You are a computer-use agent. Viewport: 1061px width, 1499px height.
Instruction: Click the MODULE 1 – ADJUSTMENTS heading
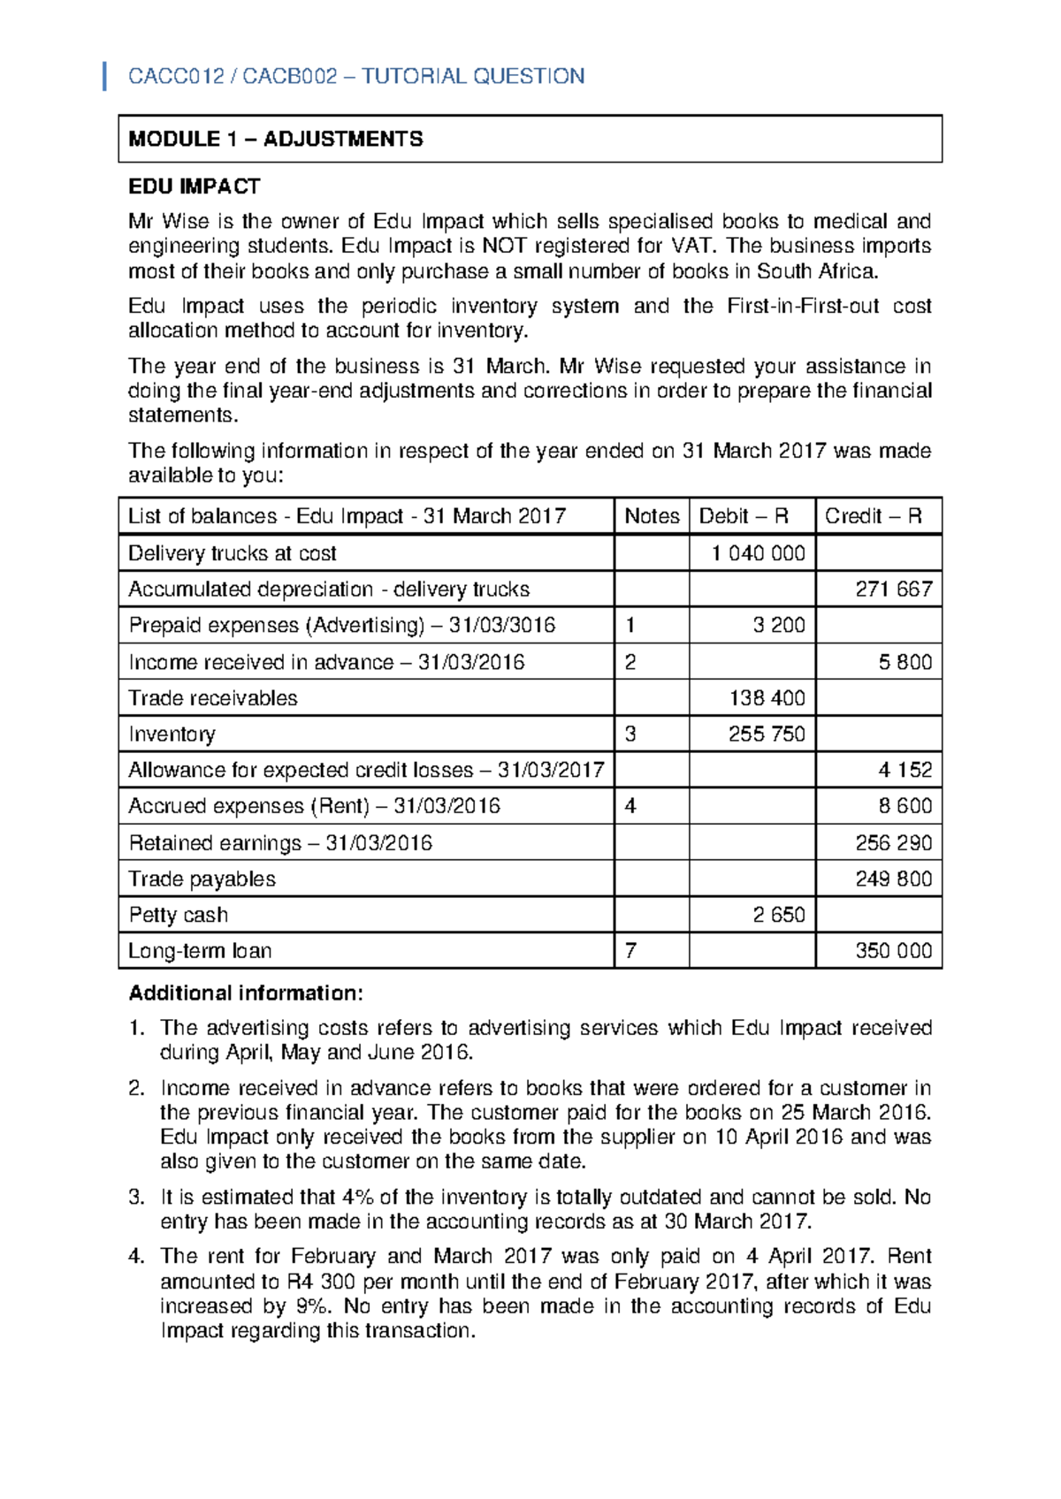(275, 139)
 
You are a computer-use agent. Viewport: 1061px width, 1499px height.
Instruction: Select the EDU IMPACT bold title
(194, 186)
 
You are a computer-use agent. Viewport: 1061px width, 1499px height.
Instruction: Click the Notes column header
(652, 516)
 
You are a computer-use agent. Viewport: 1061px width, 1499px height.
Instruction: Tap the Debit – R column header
(744, 516)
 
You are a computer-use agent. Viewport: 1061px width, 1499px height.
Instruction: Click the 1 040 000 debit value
(758, 553)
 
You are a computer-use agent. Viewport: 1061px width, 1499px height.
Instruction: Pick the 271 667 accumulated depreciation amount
(893, 590)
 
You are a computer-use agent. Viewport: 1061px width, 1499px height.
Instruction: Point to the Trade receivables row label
(213, 698)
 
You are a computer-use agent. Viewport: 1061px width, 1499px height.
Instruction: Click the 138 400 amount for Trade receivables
(767, 698)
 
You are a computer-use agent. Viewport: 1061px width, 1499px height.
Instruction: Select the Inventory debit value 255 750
(767, 734)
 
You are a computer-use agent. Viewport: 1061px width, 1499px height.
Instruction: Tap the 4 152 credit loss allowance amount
(905, 770)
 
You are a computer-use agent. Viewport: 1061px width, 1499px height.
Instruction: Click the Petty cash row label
(179, 915)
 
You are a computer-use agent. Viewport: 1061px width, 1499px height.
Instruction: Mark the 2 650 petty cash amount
(778, 915)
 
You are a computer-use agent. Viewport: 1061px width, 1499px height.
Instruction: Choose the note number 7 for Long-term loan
(630, 951)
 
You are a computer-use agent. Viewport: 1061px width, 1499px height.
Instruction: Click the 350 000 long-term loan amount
(893, 951)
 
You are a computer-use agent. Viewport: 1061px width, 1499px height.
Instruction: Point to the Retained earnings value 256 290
(893, 842)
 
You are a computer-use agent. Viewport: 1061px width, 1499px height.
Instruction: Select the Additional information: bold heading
(246, 993)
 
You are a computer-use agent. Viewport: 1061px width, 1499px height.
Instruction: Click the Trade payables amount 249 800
(893, 879)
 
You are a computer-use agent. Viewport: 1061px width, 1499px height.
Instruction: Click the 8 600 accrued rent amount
(905, 806)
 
